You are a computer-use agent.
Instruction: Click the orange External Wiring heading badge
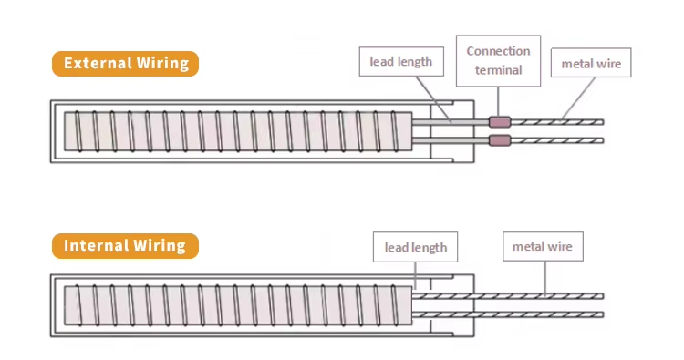(125, 64)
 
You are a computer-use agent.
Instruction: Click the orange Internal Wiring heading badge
(124, 246)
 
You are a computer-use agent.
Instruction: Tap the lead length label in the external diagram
(400, 63)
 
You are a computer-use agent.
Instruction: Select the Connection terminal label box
(498, 60)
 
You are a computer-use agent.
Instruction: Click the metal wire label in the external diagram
(591, 63)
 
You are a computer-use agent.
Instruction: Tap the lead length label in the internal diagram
(415, 247)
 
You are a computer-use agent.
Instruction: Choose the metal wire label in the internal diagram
(542, 246)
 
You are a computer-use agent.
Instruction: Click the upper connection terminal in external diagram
(499, 122)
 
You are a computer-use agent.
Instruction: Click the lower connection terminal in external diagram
(499, 140)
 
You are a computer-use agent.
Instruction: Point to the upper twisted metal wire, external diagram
(556, 122)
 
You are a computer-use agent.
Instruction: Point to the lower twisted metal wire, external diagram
(556, 140)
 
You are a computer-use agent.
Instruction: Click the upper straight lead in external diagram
(451, 122)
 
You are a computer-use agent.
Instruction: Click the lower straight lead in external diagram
(451, 140)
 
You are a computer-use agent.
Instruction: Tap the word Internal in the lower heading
(96, 246)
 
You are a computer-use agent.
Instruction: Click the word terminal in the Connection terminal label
(498, 70)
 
